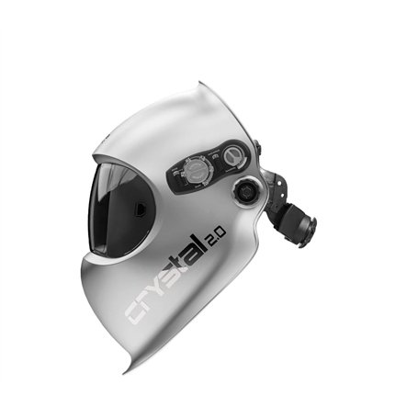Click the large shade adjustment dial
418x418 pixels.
point(196,170)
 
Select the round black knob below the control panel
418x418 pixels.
point(246,193)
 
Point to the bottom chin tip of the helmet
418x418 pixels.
point(127,369)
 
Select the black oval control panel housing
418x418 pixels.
point(209,165)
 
